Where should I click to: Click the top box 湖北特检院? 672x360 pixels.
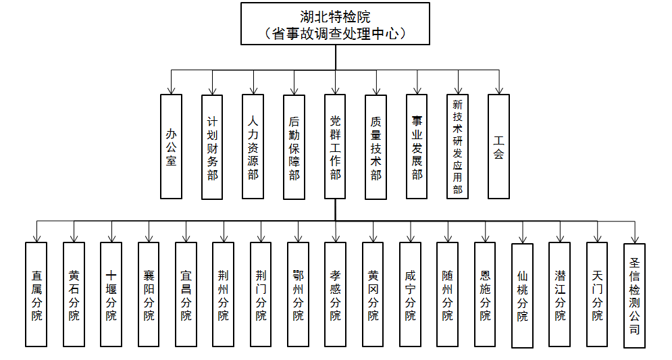(x=336, y=24)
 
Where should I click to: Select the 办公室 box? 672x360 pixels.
(x=171, y=146)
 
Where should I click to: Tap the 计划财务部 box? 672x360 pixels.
(x=212, y=147)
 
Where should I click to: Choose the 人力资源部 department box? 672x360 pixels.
(x=253, y=147)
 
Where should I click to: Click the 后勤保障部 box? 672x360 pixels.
(x=294, y=147)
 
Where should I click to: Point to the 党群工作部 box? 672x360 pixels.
(x=336, y=147)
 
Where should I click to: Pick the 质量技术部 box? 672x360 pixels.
(x=376, y=147)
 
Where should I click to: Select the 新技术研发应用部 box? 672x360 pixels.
(x=458, y=147)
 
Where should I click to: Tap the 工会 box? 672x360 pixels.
(x=498, y=147)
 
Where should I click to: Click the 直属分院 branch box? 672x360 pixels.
(x=36, y=294)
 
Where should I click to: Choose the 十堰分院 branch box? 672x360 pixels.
(x=111, y=294)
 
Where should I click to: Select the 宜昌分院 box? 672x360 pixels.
(x=186, y=294)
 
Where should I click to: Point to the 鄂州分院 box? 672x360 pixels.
(x=298, y=294)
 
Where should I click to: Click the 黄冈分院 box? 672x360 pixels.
(x=373, y=294)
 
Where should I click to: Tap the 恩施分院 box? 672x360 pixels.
(x=485, y=294)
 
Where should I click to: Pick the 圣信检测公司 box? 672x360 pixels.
(x=634, y=296)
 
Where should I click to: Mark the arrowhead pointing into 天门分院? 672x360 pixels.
(x=597, y=238)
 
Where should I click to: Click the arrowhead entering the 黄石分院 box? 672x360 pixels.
(x=74, y=238)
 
